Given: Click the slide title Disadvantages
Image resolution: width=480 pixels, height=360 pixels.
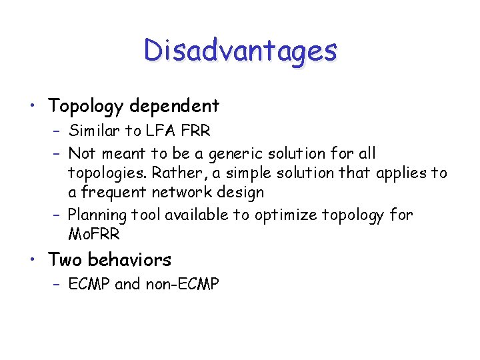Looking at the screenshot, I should pyautogui.click(x=240, y=50).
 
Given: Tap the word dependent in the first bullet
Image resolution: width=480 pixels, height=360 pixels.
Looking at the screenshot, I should pyautogui.click(x=176, y=106).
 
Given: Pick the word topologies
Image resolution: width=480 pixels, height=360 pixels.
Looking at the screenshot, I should pyautogui.click(x=106, y=173).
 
